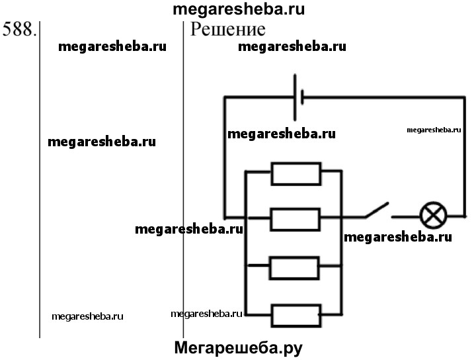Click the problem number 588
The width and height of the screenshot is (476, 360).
19,30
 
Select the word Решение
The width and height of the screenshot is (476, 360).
228,29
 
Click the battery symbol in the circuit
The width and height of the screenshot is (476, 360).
298,97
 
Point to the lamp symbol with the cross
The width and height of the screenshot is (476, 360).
434,215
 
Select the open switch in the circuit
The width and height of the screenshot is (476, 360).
376,211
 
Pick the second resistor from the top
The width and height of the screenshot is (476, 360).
296,217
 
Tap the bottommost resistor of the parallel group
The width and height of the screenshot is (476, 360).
296,313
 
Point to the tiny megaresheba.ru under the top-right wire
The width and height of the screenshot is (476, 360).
433,130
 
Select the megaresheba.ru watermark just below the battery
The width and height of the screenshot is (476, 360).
281,134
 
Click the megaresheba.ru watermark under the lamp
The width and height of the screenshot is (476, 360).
398,237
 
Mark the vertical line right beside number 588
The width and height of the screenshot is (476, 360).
40,179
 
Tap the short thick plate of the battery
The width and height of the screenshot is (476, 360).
302,97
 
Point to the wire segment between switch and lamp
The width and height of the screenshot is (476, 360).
405,216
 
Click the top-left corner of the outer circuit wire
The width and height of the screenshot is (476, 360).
225,98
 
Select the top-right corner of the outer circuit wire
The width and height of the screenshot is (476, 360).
465,98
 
